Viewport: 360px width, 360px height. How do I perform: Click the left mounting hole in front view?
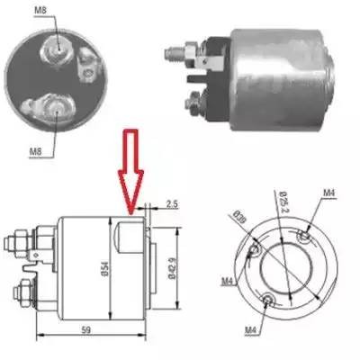pyautogui.click(x=256, y=249)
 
